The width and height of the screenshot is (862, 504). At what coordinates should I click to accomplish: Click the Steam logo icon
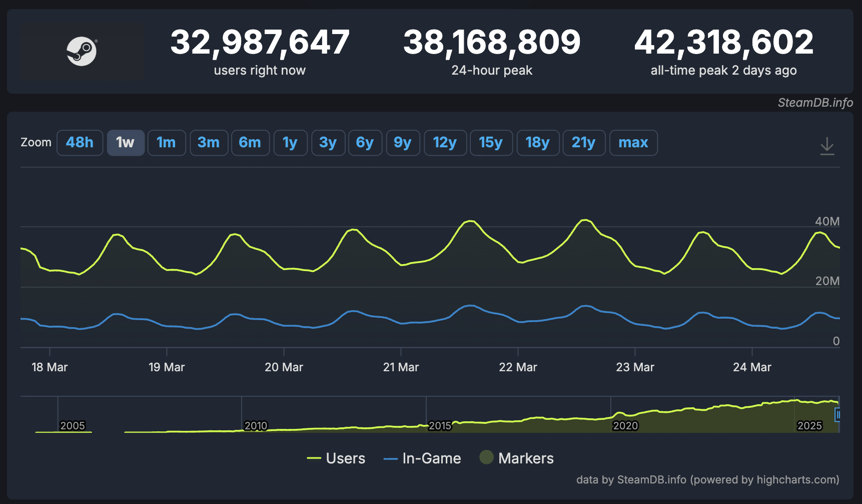click(82, 51)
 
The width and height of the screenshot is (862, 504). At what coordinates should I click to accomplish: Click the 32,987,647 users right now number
click(260, 42)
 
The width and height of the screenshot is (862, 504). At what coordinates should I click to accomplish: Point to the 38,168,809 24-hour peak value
click(492, 42)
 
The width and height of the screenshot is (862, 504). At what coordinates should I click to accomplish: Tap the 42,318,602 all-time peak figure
click(723, 42)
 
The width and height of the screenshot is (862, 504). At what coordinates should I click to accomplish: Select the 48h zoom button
click(80, 143)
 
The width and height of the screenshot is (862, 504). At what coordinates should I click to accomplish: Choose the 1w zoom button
click(126, 143)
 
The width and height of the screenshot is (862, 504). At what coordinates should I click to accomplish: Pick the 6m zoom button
click(250, 143)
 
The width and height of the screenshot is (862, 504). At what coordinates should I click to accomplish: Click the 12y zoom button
click(445, 143)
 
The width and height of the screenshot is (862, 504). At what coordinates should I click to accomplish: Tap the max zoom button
click(633, 143)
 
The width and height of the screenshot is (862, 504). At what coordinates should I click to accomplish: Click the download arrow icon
click(827, 146)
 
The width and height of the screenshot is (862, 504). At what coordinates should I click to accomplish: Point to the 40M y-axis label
click(827, 221)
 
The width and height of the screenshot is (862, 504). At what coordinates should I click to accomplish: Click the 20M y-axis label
click(827, 281)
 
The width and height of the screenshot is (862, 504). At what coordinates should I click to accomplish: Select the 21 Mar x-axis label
click(401, 367)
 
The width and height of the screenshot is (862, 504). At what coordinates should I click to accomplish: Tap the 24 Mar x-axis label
click(752, 367)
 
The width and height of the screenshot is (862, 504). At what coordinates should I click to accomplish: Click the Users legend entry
click(336, 458)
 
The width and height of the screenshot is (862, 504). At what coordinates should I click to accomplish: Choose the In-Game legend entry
click(422, 458)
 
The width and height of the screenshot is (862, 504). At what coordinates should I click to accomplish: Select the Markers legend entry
click(517, 458)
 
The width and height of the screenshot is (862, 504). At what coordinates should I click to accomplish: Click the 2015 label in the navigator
click(440, 426)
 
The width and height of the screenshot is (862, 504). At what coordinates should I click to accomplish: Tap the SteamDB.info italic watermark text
click(815, 103)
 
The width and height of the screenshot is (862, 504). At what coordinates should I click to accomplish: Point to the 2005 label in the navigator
click(73, 426)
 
